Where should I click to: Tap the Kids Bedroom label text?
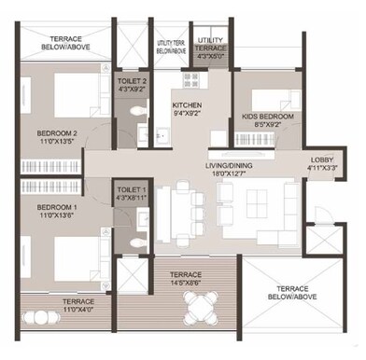pyautogui.click(x=268, y=120)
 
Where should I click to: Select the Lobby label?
pyautogui.click(x=321, y=164)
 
